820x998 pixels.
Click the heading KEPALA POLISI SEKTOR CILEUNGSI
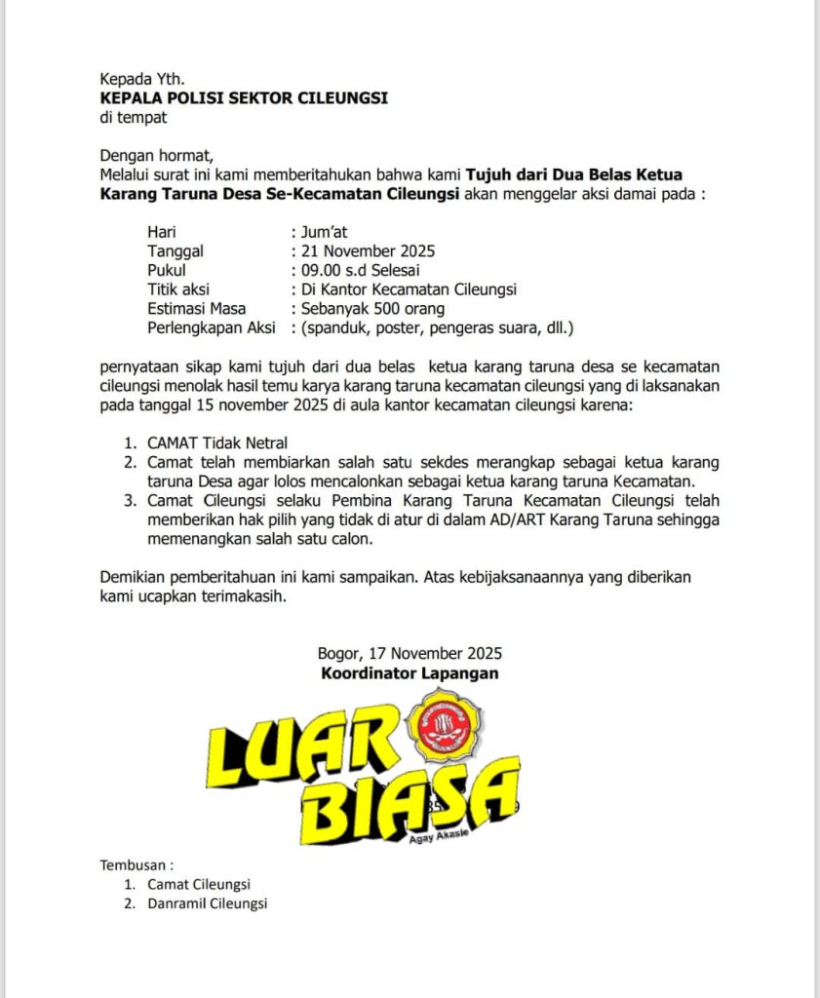244,98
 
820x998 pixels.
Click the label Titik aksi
178,289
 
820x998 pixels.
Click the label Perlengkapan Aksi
211,328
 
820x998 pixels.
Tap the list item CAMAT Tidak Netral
217,442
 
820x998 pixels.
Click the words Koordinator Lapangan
410,672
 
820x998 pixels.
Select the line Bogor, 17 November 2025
410,653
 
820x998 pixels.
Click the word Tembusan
137,864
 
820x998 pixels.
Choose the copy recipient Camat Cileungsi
199,884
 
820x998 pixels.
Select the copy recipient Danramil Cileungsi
207,903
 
